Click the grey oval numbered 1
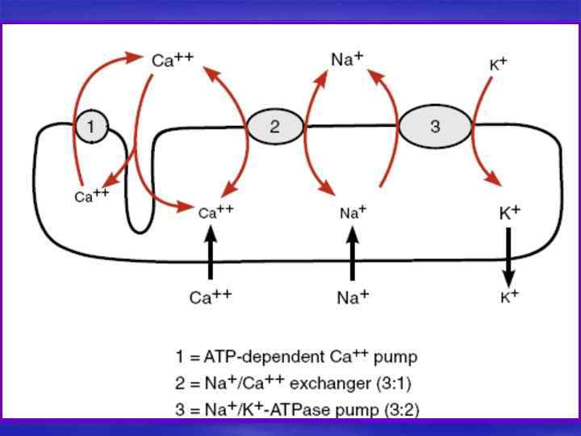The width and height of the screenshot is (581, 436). click(x=91, y=126)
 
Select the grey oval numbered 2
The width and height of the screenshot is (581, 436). click(x=275, y=126)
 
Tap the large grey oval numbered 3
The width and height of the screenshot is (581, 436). click(x=435, y=126)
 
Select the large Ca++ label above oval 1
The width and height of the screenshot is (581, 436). click(x=172, y=59)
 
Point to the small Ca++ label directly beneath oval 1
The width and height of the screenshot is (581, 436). click(x=91, y=196)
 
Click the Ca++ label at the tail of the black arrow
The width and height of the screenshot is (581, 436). click(x=210, y=296)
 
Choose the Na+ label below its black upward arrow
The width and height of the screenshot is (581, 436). click(x=353, y=296)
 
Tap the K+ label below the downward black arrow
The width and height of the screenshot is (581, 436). click(x=509, y=296)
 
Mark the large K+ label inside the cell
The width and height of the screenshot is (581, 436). click(x=509, y=213)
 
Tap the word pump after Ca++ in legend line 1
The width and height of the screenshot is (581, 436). click(x=399, y=356)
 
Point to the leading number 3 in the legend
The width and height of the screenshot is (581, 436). click(x=180, y=410)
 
